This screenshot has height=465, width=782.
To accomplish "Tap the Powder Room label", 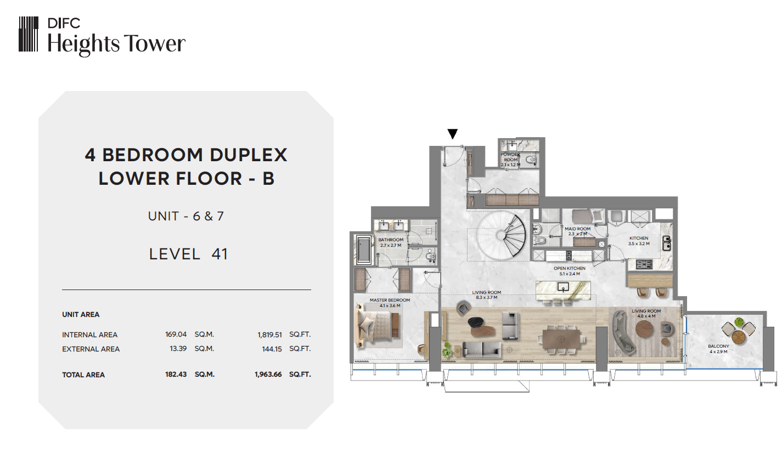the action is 510,160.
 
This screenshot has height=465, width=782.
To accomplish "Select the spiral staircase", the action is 502,235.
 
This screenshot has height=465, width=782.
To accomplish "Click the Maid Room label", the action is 578,231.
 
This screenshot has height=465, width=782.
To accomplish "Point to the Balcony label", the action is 718,349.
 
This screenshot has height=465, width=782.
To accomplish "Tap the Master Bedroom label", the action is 390,303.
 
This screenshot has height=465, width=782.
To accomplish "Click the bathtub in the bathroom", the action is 364,249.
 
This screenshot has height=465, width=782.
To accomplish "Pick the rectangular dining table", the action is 561,339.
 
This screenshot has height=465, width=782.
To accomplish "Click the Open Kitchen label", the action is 570,271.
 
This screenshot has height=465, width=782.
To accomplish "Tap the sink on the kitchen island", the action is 562,287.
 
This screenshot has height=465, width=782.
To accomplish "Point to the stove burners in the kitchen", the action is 644,264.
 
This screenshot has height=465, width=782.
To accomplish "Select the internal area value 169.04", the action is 176,334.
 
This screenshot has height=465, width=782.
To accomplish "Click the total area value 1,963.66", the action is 268,375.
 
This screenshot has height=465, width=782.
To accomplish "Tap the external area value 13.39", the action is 178,349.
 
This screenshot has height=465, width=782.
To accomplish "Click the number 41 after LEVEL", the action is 220,254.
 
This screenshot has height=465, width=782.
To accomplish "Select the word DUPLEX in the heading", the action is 249,155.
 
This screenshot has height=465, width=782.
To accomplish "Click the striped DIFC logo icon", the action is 29,34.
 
